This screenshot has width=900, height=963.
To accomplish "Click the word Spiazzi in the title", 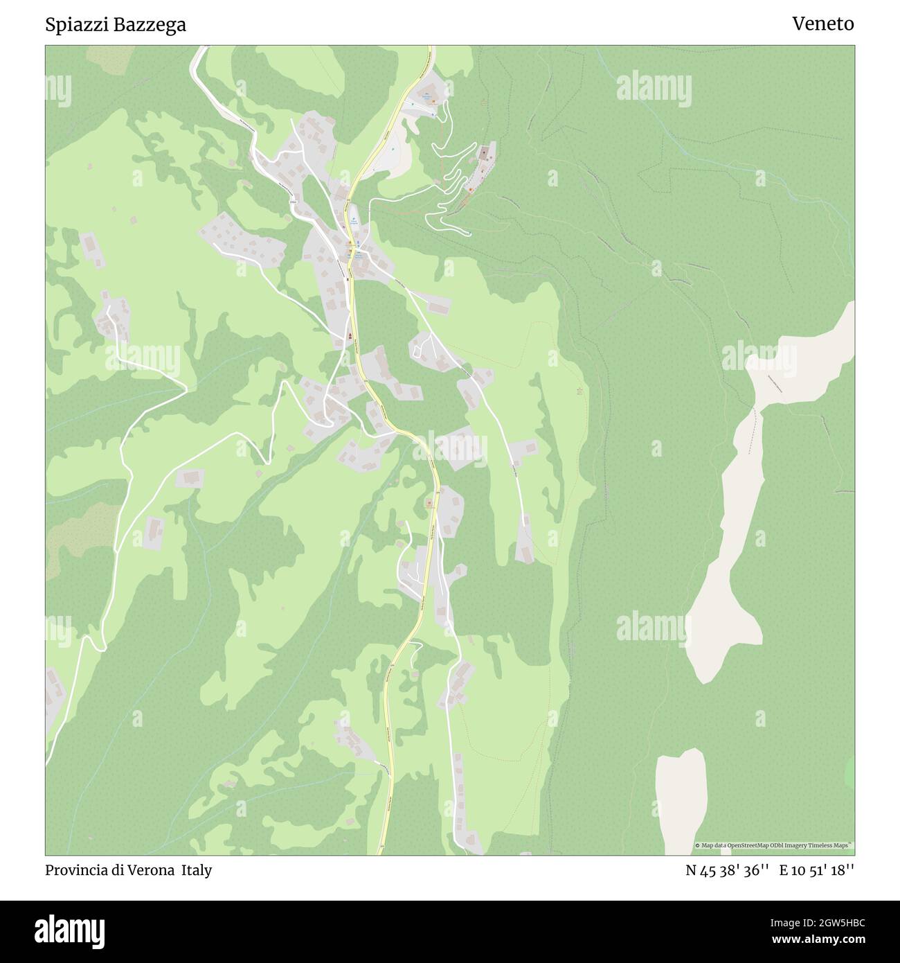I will pyautogui.click(x=72, y=25).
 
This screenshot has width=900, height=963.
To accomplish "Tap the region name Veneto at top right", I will pyautogui.click(x=822, y=24).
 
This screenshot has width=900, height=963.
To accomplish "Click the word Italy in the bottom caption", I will pyautogui.click(x=197, y=870).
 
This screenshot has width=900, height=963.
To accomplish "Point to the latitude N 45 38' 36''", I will pyautogui.click(x=727, y=870).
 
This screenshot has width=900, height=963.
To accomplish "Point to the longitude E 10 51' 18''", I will pyautogui.click(x=817, y=870).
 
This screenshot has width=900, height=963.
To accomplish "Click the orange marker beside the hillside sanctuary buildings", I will pyautogui.click(x=470, y=189).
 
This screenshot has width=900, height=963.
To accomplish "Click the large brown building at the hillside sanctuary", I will pyautogui.click(x=487, y=151).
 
